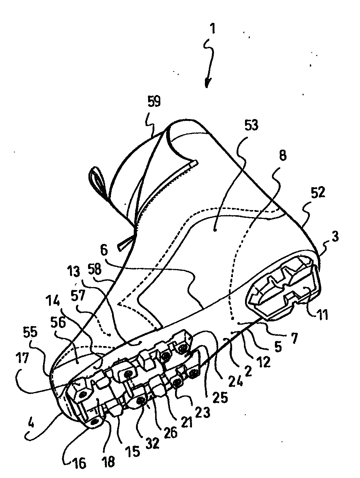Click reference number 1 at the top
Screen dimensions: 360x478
coord(213,29)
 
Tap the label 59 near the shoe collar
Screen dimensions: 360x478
coord(154,101)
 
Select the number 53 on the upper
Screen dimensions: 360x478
coord(251,125)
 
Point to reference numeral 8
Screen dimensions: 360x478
coord(283,156)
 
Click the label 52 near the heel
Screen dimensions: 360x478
coord(318,192)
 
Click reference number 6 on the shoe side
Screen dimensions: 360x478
coord(104,251)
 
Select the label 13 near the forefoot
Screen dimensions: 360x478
coord(74,272)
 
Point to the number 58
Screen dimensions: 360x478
coord(95,270)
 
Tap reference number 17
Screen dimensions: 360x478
coord(22,358)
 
